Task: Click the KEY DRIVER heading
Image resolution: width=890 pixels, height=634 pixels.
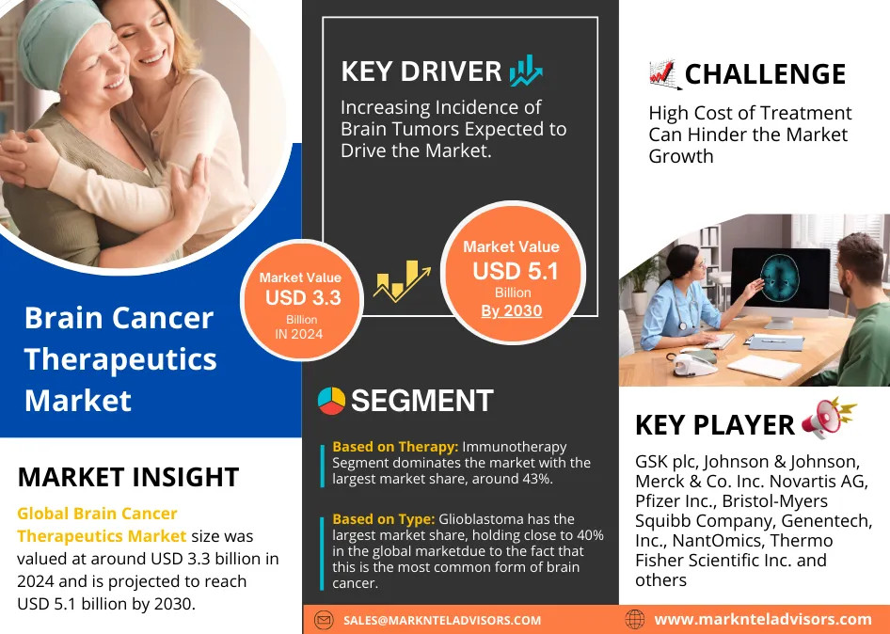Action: click(x=421, y=71)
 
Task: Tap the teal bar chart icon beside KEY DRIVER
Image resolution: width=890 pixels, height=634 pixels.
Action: click(x=526, y=71)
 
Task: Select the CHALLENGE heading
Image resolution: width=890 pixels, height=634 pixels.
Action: click(x=765, y=73)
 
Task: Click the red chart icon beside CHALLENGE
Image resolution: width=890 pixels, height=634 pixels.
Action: click(x=665, y=74)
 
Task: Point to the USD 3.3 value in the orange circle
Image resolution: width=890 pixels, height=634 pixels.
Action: click(x=303, y=298)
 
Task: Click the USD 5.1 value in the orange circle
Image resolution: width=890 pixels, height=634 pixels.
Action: click(x=516, y=271)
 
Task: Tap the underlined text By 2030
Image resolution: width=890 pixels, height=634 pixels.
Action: click(x=512, y=311)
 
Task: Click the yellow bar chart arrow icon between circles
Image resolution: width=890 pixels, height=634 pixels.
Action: click(x=402, y=281)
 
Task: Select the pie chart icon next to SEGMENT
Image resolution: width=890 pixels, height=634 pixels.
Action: click(x=331, y=401)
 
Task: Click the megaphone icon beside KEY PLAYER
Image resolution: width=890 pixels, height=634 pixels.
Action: click(x=829, y=418)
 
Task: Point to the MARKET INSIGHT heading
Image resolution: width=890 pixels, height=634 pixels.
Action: click(x=128, y=477)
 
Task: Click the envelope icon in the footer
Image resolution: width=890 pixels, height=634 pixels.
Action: click(x=324, y=620)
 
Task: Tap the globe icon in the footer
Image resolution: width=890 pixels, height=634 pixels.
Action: click(x=635, y=619)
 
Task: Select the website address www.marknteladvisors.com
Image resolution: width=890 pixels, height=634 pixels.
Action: click(x=763, y=619)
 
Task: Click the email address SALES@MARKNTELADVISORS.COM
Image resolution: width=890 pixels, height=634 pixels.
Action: click(x=442, y=621)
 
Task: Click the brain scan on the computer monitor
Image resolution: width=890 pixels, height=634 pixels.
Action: click(x=780, y=277)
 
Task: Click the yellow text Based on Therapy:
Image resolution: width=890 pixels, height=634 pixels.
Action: click(x=396, y=447)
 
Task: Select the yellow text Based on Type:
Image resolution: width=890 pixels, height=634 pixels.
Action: click(x=384, y=519)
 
